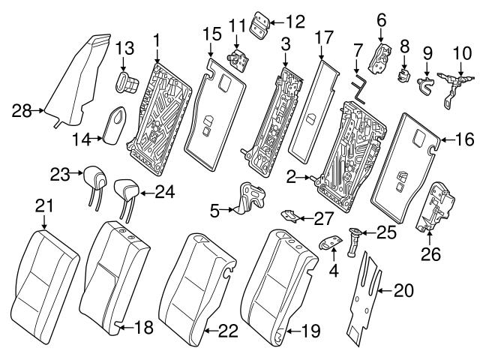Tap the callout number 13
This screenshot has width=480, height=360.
[124, 49]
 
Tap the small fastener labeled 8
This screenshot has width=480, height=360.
[404, 74]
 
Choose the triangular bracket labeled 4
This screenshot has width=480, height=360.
[327, 243]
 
